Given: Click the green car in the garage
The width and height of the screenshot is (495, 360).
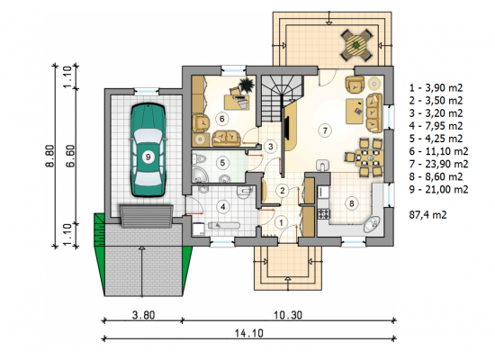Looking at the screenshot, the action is click(x=148, y=150).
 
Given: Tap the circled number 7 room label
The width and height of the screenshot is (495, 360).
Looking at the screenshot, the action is click(x=325, y=130).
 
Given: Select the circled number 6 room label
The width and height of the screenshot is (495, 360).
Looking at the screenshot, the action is click(x=221, y=119).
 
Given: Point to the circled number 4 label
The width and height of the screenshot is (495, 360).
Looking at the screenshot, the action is click(x=223, y=207).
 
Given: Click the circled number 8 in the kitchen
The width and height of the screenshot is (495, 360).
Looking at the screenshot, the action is click(x=352, y=203).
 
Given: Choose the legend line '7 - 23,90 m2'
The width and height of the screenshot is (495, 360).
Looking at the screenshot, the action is click(x=438, y=164).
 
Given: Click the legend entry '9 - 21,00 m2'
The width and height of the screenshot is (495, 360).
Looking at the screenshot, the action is click(x=438, y=190).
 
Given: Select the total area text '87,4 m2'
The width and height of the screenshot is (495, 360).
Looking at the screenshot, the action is click(x=427, y=215).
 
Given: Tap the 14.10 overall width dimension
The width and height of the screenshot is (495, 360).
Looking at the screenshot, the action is click(x=248, y=333).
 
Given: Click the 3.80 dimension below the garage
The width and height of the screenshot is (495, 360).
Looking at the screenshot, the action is click(x=144, y=315).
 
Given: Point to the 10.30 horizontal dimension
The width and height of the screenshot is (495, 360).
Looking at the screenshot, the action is click(x=288, y=315).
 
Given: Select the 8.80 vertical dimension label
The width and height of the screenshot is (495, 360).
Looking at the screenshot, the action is click(x=50, y=156).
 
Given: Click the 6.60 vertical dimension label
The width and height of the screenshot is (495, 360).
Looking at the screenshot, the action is click(x=70, y=156).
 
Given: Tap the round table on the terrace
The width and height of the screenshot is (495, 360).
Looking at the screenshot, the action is click(x=356, y=45).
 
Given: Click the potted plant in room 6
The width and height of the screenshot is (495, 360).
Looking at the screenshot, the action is click(x=246, y=85).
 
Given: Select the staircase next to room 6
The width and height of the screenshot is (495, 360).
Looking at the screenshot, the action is click(x=280, y=98).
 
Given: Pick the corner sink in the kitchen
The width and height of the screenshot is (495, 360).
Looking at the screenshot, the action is click(x=373, y=224).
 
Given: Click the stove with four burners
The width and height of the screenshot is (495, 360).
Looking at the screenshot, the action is click(x=324, y=214).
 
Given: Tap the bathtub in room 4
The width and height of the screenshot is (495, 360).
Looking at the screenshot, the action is click(x=223, y=226).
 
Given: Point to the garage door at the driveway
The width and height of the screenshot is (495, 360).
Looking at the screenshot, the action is click(x=146, y=216).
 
